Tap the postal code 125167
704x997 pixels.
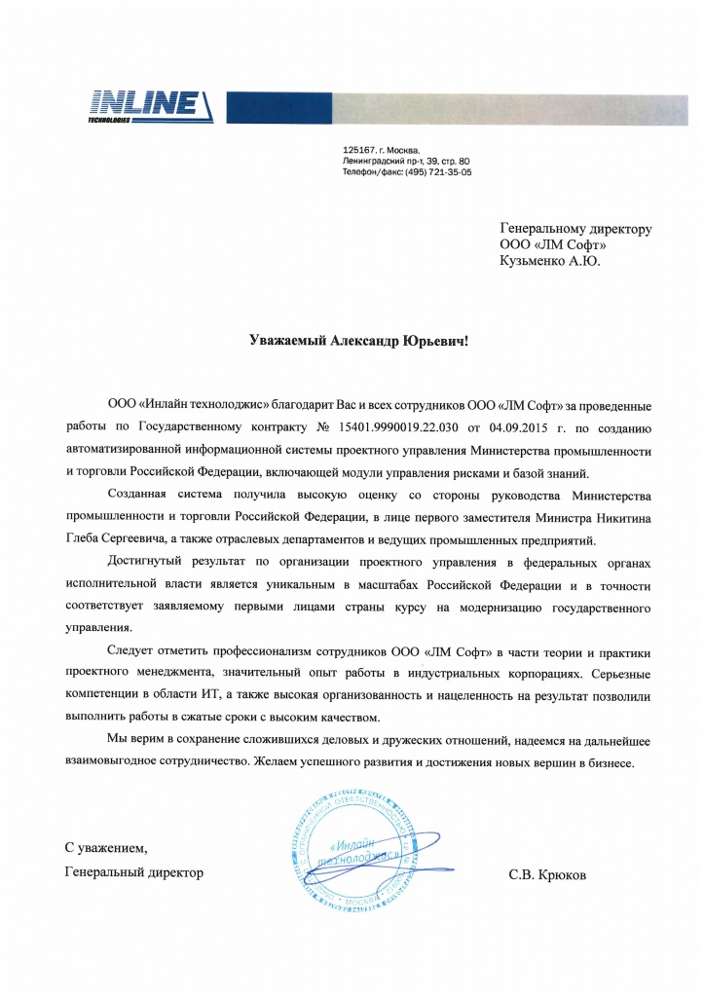point(361,149)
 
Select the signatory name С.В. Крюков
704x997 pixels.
point(547,874)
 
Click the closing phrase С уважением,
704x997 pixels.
point(106,849)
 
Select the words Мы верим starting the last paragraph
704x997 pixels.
point(137,741)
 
